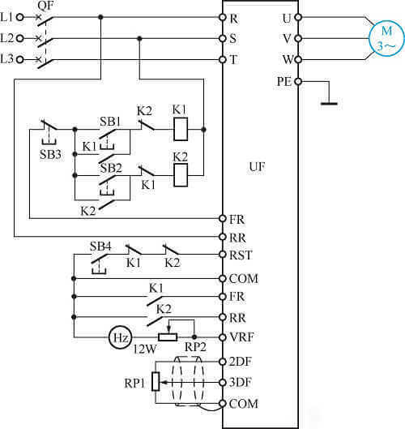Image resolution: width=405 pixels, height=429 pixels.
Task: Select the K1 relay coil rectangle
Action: tap(181, 130)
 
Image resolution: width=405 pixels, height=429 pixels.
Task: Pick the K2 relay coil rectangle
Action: tap(181, 175)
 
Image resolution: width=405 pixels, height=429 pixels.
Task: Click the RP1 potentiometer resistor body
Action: tap(156, 381)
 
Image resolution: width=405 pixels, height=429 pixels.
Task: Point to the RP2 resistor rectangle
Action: tap(168, 337)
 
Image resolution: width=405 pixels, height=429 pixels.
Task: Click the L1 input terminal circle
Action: tap(20, 17)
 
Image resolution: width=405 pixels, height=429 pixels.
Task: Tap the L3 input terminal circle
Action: tap(20, 59)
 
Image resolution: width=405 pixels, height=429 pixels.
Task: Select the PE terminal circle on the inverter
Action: tap(298, 81)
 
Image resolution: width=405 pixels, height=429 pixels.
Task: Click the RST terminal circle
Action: tap(223, 255)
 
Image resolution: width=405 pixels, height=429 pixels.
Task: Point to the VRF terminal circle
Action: tap(223, 337)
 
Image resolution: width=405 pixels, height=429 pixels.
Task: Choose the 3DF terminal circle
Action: tap(223, 382)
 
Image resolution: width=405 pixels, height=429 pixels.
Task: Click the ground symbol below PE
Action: tap(329, 103)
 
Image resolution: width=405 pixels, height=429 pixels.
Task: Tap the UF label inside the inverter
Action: tap(257, 166)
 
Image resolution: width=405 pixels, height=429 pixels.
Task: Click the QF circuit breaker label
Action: tap(45, 6)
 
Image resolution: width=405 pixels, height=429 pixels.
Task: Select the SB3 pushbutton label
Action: tap(50, 154)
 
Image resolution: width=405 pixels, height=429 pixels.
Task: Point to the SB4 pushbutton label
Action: tap(100, 247)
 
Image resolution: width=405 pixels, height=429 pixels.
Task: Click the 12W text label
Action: tap(145, 349)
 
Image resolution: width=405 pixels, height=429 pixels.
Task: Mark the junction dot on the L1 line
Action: tap(100, 17)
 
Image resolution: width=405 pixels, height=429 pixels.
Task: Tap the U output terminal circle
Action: tap(298, 17)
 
